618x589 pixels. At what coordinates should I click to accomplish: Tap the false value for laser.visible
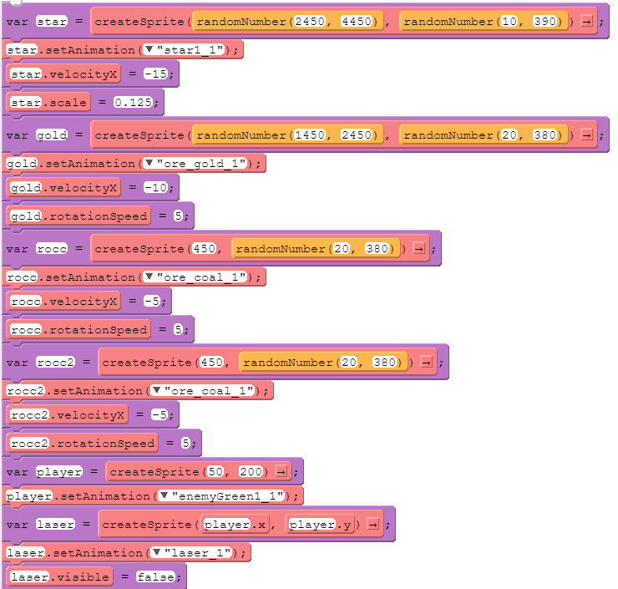[x=157, y=576]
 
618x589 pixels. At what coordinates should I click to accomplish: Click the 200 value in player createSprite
[x=252, y=472]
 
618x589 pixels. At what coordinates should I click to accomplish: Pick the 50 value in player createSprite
[x=217, y=472]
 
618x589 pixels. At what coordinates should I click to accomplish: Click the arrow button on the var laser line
[x=373, y=525]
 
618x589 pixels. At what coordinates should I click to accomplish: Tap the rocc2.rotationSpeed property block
[x=82, y=442]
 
